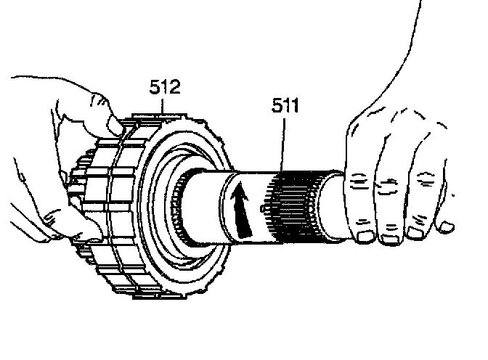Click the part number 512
[x=165, y=89]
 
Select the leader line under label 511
[x=282, y=145]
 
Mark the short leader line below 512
[x=165, y=107]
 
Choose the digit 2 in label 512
[x=175, y=89]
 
